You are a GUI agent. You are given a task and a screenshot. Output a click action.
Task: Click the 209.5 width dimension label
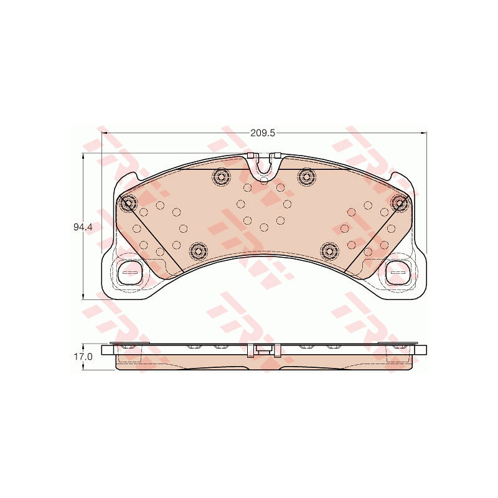[x=262, y=133]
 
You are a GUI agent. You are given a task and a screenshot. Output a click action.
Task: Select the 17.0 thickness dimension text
[x=83, y=357]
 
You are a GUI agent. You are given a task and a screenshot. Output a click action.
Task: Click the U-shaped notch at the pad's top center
[x=263, y=166]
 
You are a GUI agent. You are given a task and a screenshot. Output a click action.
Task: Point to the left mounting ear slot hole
[x=129, y=272]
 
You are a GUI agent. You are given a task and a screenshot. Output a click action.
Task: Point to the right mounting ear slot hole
[x=398, y=272]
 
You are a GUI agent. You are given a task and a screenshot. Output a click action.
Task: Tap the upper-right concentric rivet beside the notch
[x=306, y=176]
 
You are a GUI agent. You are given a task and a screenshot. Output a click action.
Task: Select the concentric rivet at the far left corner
[x=128, y=202]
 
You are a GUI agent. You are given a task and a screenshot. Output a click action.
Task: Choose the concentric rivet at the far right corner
[x=399, y=202]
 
